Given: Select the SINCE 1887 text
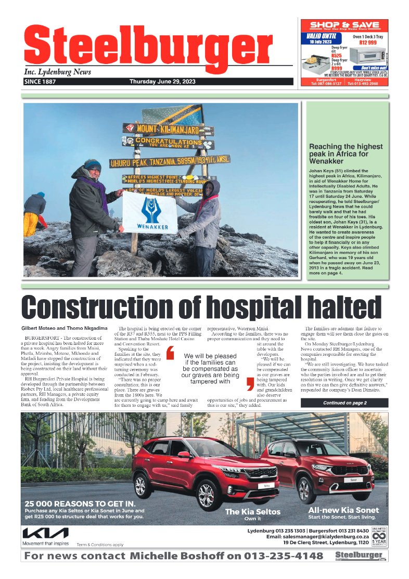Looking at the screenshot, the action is click(40, 82).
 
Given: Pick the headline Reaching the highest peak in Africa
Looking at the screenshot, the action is click(346, 154).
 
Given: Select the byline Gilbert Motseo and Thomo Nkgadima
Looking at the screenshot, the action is click(65, 328).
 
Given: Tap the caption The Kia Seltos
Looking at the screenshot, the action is click(252, 511).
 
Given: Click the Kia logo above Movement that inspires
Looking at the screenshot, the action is click(45, 533).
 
